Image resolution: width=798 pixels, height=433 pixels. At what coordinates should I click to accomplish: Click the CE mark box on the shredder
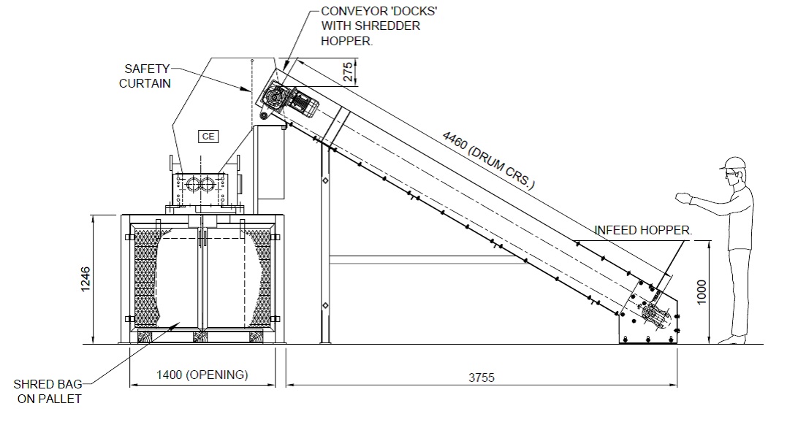click(208, 136)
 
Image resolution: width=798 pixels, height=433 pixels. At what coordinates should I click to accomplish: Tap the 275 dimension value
click(349, 72)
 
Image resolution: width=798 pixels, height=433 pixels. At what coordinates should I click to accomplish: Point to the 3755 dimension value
click(482, 378)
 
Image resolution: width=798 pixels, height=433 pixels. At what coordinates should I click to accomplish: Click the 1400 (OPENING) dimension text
click(202, 375)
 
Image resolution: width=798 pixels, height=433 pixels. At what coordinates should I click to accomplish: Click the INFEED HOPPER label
click(642, 230)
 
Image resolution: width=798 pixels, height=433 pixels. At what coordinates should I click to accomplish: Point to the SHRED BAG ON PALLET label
click(47, 391)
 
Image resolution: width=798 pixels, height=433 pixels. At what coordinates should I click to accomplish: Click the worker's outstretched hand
click(685, 196)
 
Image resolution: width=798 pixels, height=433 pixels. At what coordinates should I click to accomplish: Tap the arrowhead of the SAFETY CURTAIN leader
click(248, 91)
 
